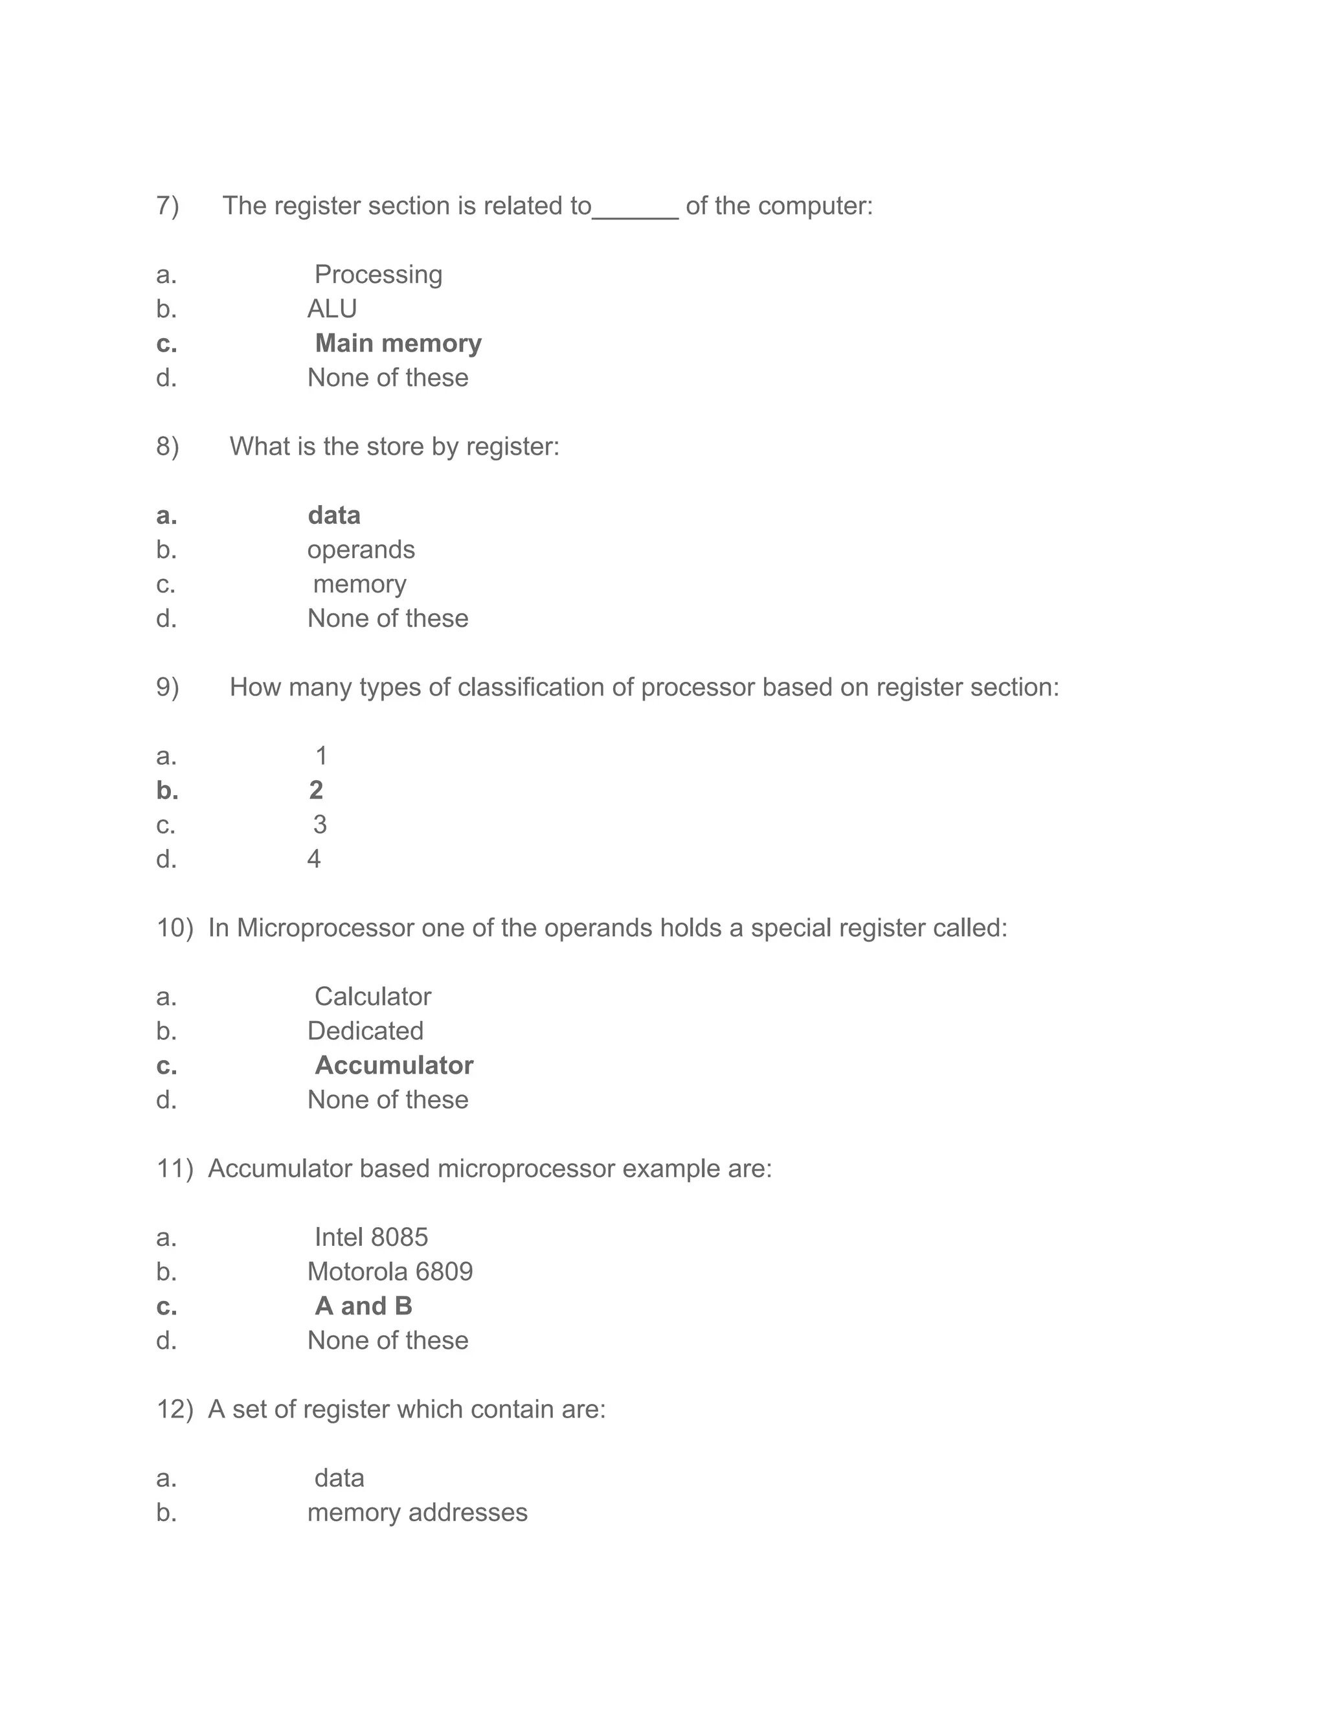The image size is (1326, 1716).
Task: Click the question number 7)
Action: (x=167, y=206)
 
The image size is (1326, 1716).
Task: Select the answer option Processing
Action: (x=378, y=274)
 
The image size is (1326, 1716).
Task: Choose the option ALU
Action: (x=331, y=309)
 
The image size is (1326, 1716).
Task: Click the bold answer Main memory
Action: (x=398, y=343)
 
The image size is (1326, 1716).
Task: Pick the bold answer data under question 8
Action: (x=334, y=515)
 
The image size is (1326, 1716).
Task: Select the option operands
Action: (x=361, y=550)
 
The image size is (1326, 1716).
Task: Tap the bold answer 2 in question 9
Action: (x=316, y=791)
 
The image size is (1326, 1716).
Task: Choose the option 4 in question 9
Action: (x=313, y=859)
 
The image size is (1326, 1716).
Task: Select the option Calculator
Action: (x=372, y=997)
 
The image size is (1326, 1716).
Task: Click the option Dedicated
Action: (x=365, y=1031)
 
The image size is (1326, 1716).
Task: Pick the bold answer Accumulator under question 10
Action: (x=394, y=1065)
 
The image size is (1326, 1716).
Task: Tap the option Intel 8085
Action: (x=371, y=1237)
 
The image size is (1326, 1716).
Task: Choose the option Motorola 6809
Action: (x=390, y=1272)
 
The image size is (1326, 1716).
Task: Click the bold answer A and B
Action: (x=363, y=1306)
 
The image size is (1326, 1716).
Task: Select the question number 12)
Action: (x=174, y=1410)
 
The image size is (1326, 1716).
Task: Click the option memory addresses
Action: (x=417, y=1513)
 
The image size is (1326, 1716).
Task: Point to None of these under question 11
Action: (x=387, y=1340)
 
